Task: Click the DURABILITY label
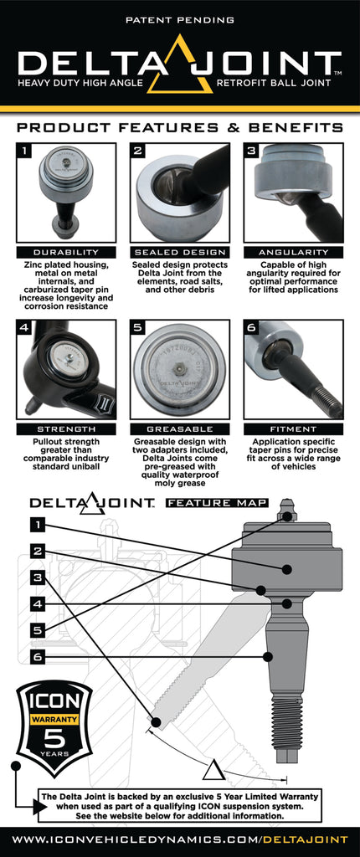[64, 252]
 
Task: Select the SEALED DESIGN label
[179, 252]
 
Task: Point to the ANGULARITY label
[293, 252]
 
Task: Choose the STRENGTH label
[64, 428]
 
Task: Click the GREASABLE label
[179, 428]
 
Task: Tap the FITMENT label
[293, 428]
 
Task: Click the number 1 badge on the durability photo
[26, 152]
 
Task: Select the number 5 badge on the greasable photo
[140, 329]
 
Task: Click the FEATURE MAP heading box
[216, 503]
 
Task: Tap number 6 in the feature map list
[38, 657]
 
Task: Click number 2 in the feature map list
[38, 551]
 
